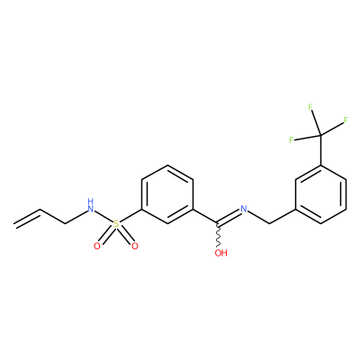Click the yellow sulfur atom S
[x=116, y=223]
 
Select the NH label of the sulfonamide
[x=90, y=205]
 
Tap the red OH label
[x=221, y=253]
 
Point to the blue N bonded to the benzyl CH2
[x=244, y=209]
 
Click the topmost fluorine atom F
[x=310, y=107]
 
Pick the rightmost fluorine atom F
[x=346, y=121]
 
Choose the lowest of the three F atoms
[x=291, y=139]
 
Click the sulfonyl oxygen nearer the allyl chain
[x=96, y=247]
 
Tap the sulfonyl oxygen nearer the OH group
[x=135, y=247]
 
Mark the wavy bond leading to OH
[x=220, y=236]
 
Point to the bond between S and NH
[x=103, y=216]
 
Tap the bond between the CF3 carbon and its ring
[x=321, y=150]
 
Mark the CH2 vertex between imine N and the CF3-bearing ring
[x=270, y=223]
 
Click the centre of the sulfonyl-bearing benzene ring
[x=167, y=194]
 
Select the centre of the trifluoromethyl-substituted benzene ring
[x=321, y=194]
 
